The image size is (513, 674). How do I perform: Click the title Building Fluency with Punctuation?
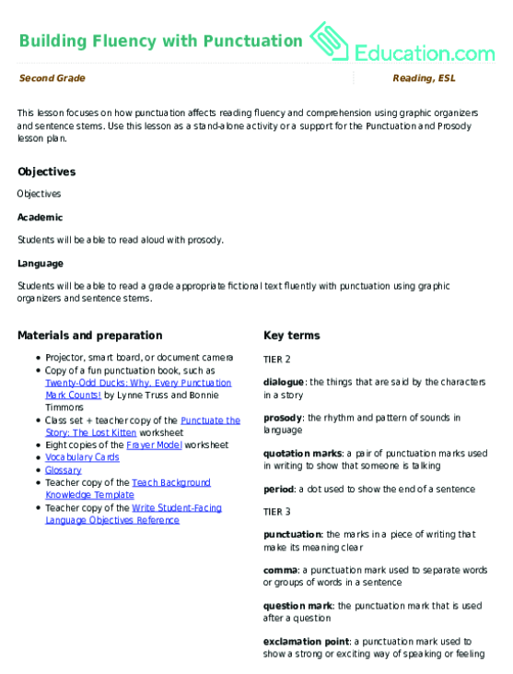[160, 41]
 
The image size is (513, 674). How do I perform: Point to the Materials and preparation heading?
[90, 336]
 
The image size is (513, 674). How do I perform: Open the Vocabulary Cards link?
[82, 456]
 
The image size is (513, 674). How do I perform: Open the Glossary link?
[64, 469]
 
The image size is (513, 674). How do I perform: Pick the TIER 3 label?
[277, 510]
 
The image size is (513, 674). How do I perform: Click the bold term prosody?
[283, 418]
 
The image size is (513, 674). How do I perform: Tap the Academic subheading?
[40, 218]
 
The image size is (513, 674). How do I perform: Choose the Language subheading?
[41, 264]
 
